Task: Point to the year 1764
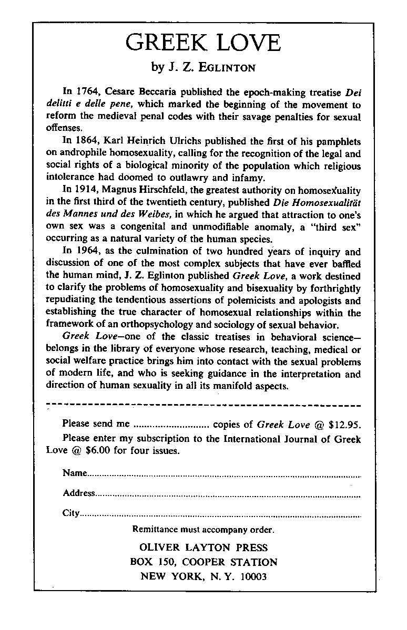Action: [x=87, y=92]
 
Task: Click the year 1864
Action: [x=87, y=142]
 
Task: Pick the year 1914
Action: [x=87, y=192]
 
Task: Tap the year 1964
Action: [x=87, y=252]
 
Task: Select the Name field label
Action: [x=74, y=473]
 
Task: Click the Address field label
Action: [x=78, y=493]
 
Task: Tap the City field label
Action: [x=70, y=513]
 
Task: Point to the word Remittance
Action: [x=154, y=529]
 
